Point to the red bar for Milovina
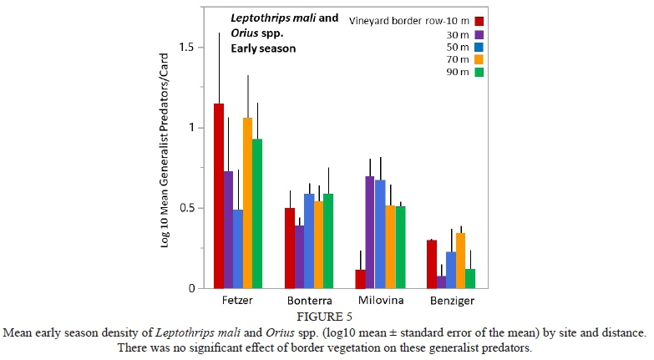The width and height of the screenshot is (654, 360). (x=360, y=279)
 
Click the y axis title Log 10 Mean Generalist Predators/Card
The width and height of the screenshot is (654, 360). (x=166, y=163)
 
